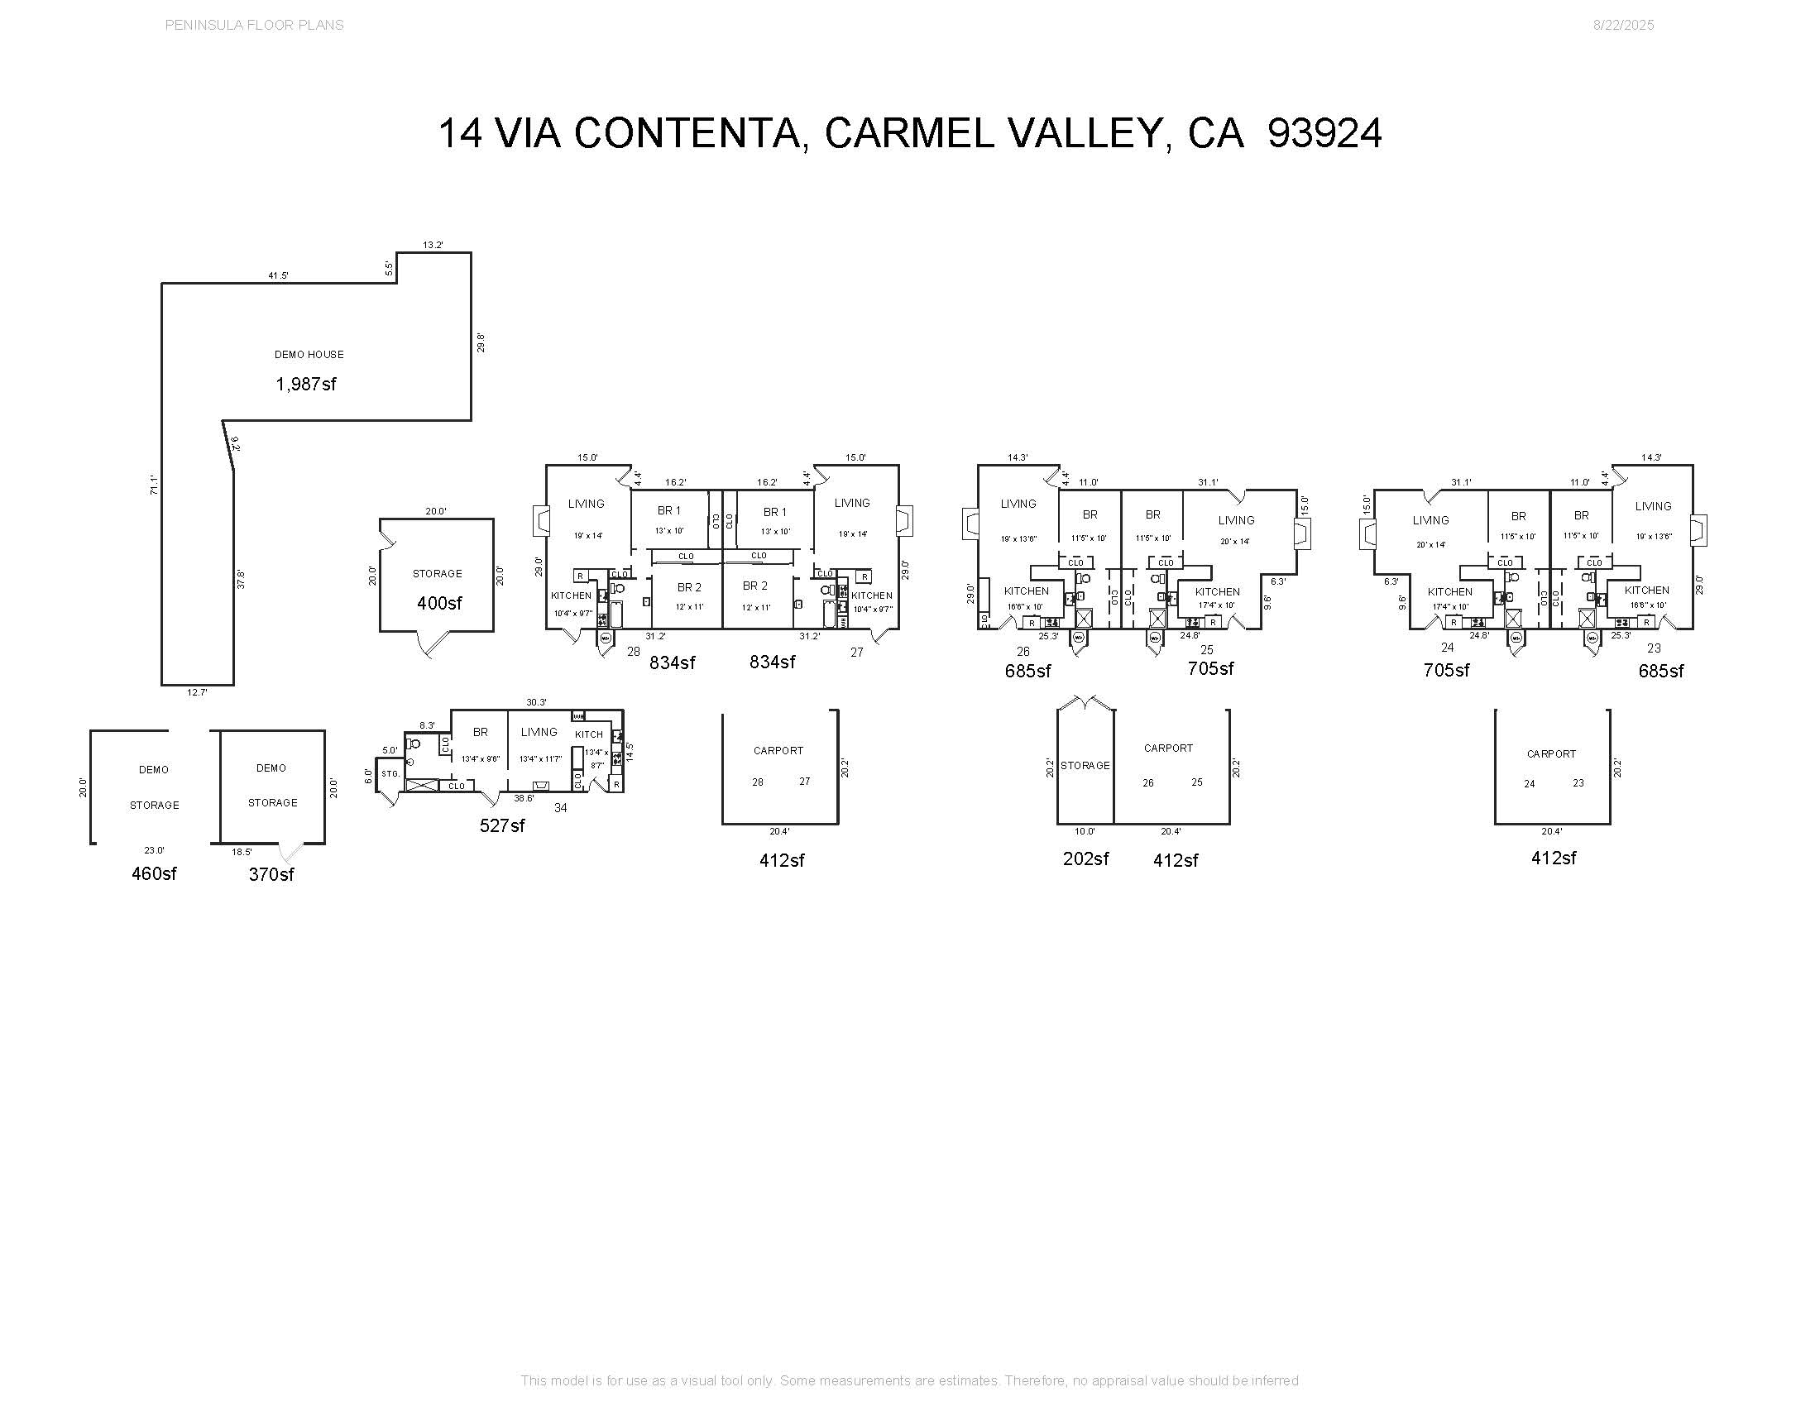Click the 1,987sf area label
306,384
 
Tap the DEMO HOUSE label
309,355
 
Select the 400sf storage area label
439,603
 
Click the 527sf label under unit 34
501,825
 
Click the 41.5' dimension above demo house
278,275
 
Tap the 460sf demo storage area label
154,873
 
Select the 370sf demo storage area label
271,874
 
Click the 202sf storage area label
1085,858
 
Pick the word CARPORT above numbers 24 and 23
1551,753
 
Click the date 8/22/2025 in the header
1623,25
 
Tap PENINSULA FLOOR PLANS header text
254,25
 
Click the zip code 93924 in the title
1324,133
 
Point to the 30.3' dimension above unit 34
537,702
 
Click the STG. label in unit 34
390,774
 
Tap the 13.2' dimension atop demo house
433,245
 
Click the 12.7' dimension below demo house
197,692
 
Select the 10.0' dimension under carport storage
1085,831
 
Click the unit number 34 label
561,808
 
